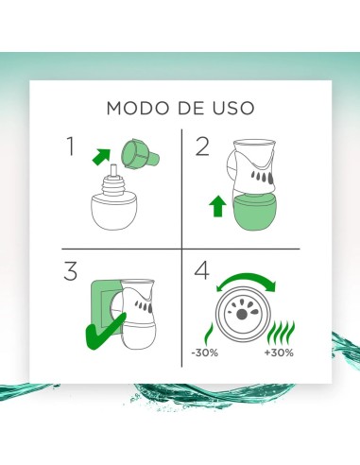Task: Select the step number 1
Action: [71, 146]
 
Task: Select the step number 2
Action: [202, 146]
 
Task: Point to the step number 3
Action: [70, 271]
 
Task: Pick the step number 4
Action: [201, 270]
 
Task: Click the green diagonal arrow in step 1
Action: [101, 157]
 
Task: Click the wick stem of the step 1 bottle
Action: [113, 170]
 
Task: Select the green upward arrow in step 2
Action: [217, 206]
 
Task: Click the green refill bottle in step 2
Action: [255, 212]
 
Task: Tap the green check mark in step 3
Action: [106, 332]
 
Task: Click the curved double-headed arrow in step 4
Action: [246, 280]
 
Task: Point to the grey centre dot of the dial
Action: [242, 314]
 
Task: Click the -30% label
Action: [205, 353]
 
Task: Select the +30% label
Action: [279, 353]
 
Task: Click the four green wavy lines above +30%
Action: [281, 333]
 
